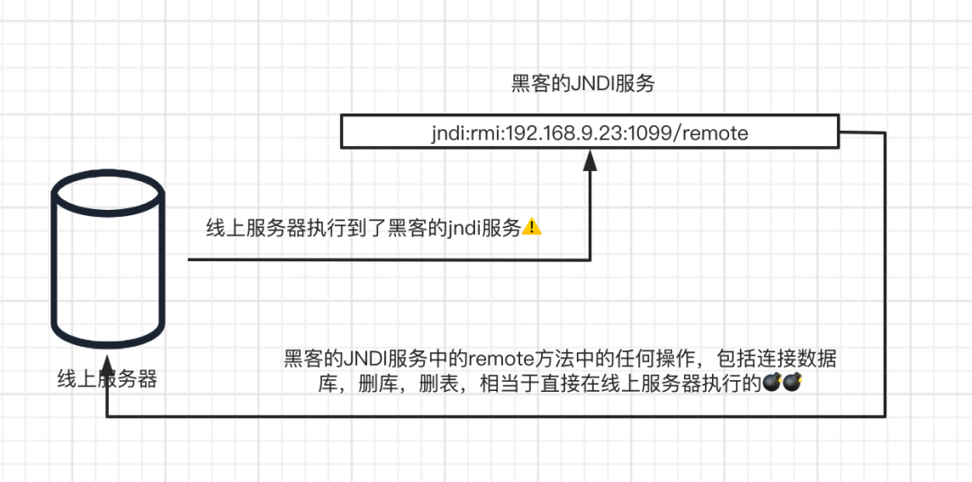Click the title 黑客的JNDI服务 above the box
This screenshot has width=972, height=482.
[x=582, y=85]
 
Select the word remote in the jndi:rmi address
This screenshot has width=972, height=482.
[x=715, y=133]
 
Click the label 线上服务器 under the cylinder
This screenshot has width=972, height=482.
[x=107, y=379]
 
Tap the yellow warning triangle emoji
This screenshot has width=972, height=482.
[x=533, y=228]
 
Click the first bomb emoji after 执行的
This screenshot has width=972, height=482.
[x=772, y=384]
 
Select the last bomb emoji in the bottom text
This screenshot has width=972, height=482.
[x=792, y=384]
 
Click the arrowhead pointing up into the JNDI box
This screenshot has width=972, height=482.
[x=589, y=160]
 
